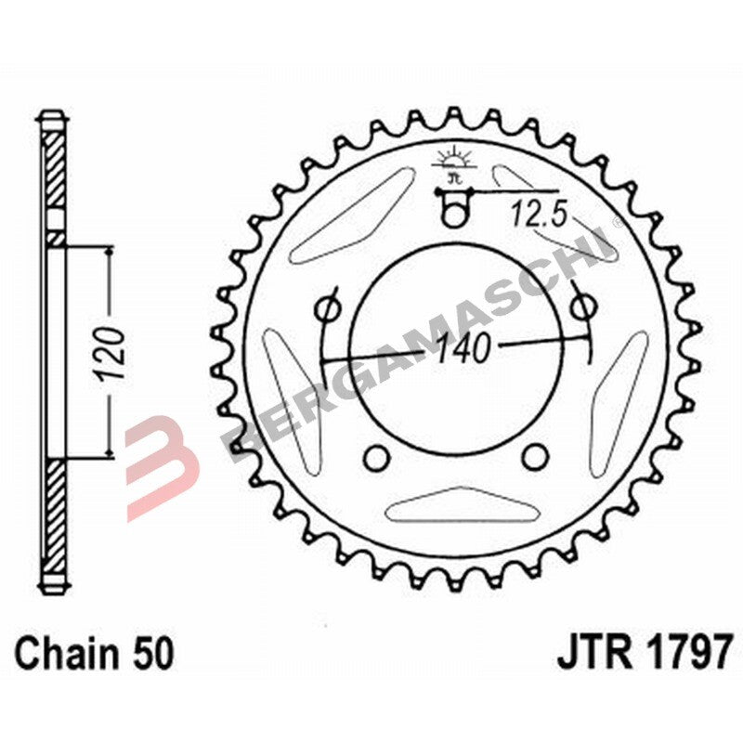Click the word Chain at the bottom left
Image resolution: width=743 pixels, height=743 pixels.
[61, 654]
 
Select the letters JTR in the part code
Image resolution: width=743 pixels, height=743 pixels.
[589, 654]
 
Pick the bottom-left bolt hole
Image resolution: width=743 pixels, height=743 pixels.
[376, 456]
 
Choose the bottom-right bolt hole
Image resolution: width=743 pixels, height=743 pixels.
[533, 456]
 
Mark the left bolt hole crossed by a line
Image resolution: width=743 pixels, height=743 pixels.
[327, 306]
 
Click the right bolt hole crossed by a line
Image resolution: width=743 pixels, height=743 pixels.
[582, 306]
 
